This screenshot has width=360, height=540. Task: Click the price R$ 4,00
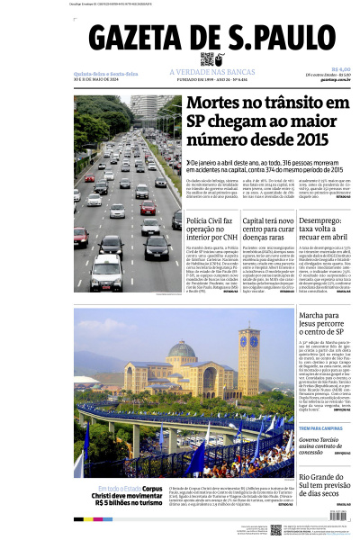coord(340,69)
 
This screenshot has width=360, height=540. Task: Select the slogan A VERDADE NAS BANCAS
coord(206,73)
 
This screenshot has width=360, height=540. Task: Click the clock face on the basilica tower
coord(249,343)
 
